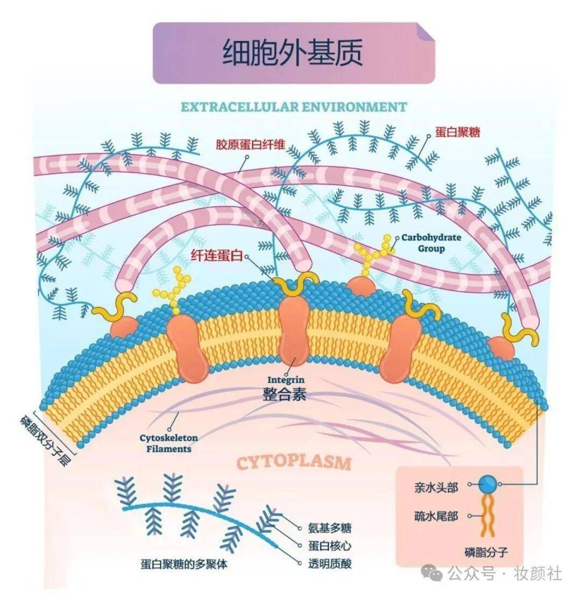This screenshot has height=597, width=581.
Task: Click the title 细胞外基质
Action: click(x=293, y=53)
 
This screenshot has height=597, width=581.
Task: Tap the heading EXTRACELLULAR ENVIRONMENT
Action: click(x=293, y=107)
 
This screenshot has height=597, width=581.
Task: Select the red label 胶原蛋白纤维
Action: click(x=250, y=144)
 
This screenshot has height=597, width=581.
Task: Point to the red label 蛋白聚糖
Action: click(x=457, y=131)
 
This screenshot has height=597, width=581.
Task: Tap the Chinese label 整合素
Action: click(x=285, y=394)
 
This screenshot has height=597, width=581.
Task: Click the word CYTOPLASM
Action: click(x=294, y=462)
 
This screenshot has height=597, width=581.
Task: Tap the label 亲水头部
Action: click(x=436, y=488)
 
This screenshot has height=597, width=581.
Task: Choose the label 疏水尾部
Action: click(x=436, y=516)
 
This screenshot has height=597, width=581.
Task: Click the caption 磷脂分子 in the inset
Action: click(x=486, y=551)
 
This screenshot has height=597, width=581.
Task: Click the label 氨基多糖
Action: click(x=330, y=528)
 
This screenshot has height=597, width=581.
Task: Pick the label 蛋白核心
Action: click(x=330, y=545)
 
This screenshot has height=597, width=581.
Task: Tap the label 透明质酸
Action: click(x=330, y=563)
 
